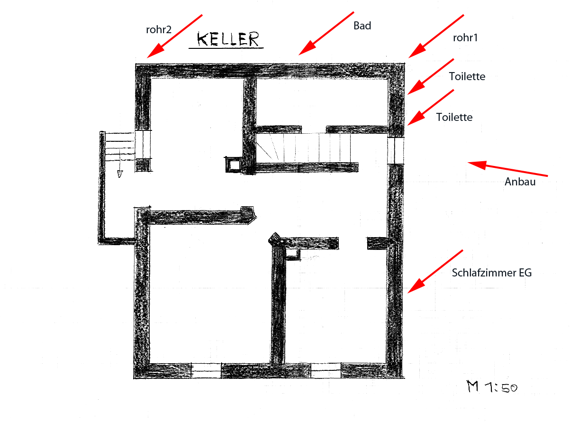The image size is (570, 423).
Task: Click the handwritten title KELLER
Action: point(228,39)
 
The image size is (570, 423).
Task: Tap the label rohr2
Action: point(159,30)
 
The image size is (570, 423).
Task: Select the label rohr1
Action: point(465,38)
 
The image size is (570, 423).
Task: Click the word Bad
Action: point(362,26)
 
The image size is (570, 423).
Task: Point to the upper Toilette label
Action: point(467,76)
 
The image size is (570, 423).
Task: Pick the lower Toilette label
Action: point(454,117)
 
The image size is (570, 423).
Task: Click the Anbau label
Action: point(520,182)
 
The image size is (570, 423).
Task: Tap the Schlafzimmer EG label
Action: point(492,273)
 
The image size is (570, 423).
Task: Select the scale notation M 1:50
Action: point(492,386)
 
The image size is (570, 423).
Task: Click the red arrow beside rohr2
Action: point(175,37)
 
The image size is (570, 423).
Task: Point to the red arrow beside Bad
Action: point(326,33)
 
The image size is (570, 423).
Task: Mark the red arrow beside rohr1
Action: point(436,37)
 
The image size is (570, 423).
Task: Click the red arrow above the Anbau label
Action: point(507,169)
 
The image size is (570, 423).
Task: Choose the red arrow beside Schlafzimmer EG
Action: point(435,271)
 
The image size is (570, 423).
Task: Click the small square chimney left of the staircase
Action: point(234,165)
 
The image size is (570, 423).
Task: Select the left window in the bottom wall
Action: point(206,370)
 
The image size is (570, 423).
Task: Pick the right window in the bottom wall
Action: point(326,370)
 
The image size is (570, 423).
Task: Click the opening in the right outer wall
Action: point(396,150)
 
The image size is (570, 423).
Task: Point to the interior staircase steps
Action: point(304,147)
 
